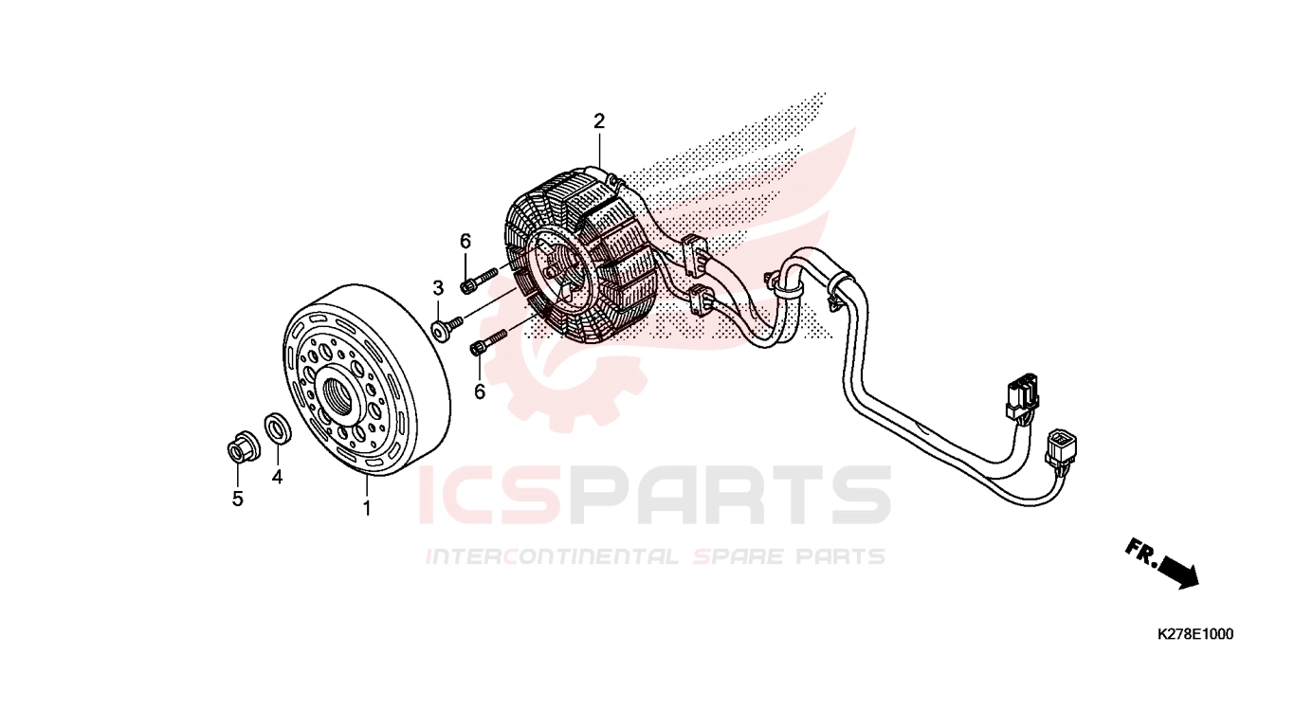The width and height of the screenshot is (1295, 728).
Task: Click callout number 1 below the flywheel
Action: pos(367,508)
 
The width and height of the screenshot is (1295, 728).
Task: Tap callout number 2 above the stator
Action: pos(599,121)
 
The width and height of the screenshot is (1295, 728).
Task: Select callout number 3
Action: pos(438,287)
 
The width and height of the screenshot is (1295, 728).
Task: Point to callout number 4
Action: pos(278,477)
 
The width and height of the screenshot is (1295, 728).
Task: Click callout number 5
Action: pos(238,499)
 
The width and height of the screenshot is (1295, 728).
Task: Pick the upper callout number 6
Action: pos(465,241)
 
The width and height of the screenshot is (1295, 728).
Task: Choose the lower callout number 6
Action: pos(480,392)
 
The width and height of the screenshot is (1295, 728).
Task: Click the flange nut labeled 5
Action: pos(243,446)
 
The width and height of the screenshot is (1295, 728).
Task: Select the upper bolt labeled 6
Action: pos(478,280)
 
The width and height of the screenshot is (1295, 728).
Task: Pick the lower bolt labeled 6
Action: pos(488,342)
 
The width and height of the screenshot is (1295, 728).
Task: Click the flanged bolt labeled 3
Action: pos(447,327)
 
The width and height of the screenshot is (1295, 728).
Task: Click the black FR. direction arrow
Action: pos(1178,573)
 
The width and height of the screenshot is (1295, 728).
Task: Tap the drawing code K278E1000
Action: pos(1195,634)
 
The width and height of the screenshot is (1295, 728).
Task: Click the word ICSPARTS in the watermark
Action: pos(654,496)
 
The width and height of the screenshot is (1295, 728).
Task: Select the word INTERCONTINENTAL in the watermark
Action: pos(552,556)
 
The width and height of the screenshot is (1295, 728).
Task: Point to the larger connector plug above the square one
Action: pos(1022,396)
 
